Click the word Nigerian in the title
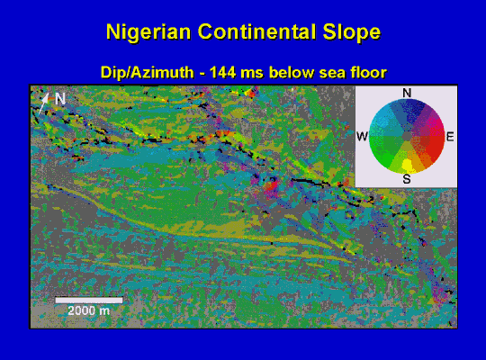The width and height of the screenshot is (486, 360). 148,32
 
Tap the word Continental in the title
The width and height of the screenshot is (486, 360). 256,31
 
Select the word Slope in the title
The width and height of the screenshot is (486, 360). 352,32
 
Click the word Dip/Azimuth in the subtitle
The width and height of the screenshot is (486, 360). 148,73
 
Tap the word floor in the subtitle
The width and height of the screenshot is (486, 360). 369,73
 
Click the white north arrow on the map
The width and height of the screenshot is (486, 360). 43,103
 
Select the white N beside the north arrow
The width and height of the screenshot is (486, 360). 60,99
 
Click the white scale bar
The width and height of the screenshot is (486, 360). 88,301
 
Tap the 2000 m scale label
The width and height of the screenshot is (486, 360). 88,310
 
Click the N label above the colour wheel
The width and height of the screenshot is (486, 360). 407,93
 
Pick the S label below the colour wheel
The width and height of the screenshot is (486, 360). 407,179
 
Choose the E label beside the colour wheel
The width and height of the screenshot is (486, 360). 450,137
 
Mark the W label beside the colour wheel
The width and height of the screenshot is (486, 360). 362,137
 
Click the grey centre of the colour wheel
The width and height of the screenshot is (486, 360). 407,137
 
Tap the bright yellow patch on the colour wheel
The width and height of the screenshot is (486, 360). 408,165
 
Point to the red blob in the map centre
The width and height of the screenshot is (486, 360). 272,186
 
